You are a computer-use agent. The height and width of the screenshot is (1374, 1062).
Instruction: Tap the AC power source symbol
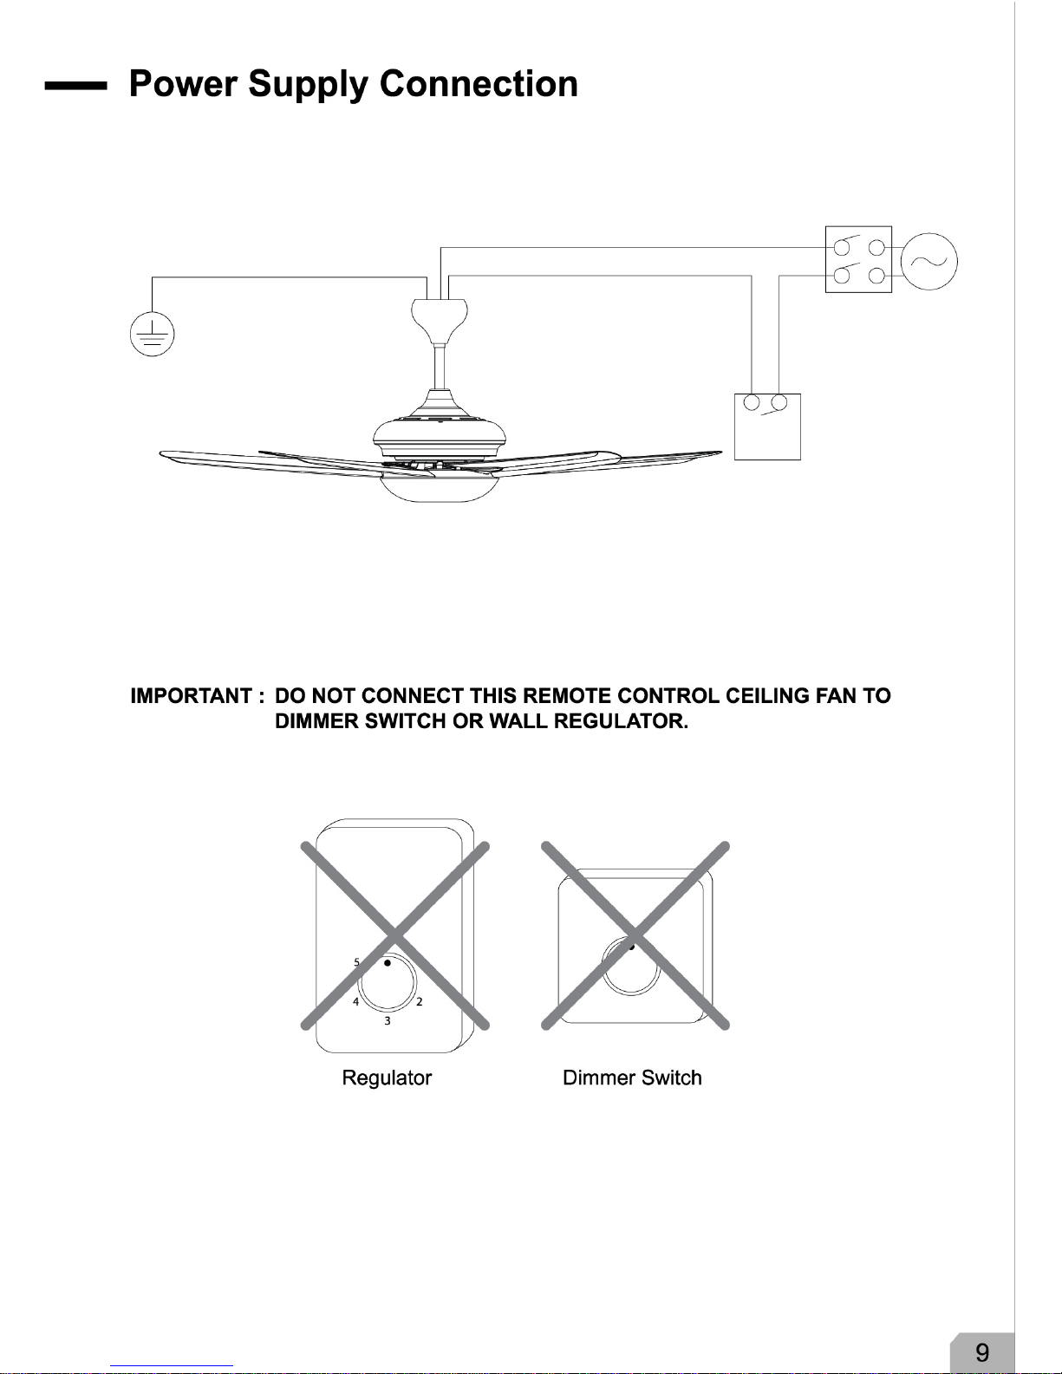(928, 261)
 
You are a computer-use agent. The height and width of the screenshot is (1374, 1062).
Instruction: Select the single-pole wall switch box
(767, 427)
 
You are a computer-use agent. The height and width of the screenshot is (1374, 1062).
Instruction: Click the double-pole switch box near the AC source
(858, 259)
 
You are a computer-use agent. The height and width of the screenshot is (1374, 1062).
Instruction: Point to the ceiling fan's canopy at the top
(440, 320)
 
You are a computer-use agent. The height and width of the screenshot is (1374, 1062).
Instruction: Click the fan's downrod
(440, 368)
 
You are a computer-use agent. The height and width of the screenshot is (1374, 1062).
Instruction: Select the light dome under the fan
(440, 488)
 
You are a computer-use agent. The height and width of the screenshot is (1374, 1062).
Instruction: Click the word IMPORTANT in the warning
(191, 696)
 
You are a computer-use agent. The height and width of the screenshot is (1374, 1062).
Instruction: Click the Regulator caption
(387, 1078)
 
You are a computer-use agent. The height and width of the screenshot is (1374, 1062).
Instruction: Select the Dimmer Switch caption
(632, 1078)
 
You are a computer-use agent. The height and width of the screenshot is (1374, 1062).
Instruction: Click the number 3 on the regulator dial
(388, 1020)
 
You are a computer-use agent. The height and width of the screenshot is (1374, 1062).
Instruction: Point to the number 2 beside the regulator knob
(419, 1001)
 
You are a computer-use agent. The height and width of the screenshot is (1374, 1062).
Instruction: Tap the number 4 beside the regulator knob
(356, 1001)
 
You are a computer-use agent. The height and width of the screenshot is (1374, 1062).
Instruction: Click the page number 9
(981, 1352)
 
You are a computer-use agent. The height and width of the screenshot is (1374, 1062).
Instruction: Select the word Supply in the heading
(308, 84)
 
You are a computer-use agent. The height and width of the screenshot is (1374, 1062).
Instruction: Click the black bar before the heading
(76, 86)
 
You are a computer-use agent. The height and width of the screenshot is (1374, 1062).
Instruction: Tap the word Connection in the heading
(479, 83)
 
